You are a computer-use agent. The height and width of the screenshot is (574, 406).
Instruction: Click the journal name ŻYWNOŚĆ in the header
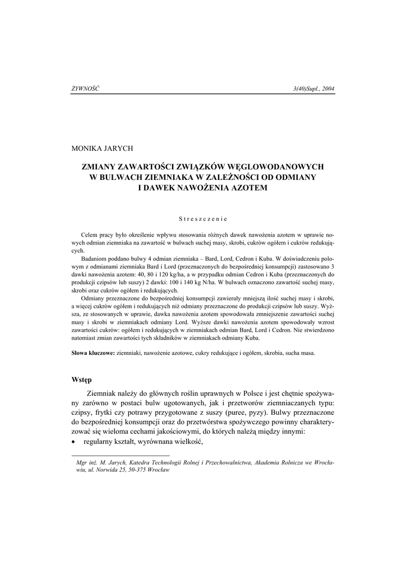[85, 89]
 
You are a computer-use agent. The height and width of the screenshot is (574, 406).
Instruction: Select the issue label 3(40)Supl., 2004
[313, 89]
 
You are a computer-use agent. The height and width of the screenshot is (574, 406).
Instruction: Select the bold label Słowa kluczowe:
[93, 353]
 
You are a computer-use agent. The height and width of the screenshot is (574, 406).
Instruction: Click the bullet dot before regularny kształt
[74, 442]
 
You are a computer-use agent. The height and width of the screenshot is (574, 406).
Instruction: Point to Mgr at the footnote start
[81, 463]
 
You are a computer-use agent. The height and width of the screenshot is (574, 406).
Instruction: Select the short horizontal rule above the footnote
[120, 456]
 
